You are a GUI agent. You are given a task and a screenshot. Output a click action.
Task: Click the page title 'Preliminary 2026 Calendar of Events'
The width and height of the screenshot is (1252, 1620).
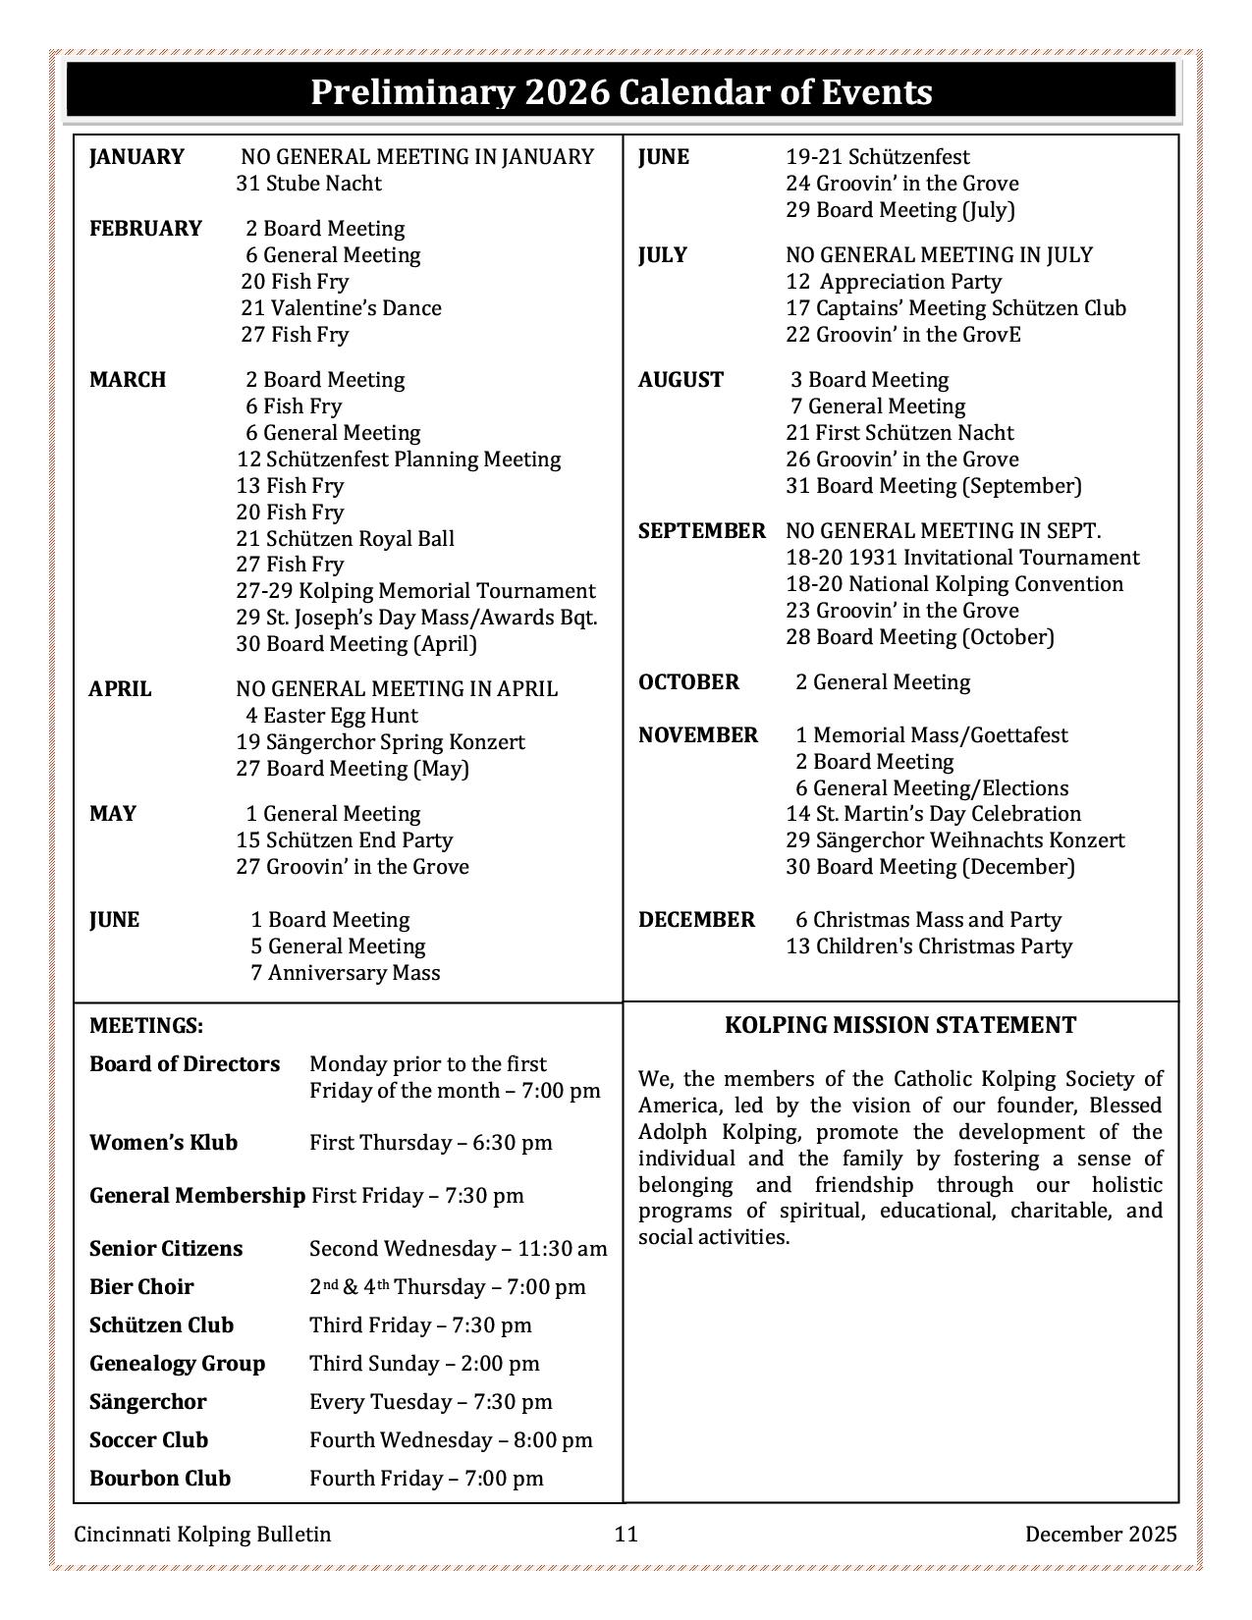621,92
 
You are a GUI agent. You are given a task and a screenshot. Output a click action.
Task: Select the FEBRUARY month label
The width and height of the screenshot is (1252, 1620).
145,229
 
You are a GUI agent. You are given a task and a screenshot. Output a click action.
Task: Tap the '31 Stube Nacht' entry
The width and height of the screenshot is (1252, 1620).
308,184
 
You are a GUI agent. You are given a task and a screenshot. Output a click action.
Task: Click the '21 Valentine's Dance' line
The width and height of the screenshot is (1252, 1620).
341,308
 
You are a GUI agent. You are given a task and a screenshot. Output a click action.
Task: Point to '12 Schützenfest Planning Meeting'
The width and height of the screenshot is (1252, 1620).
398,459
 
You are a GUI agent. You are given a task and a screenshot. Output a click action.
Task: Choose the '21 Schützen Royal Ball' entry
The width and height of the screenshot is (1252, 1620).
345,539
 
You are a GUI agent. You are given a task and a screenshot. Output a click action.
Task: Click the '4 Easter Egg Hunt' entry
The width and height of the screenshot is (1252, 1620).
331,716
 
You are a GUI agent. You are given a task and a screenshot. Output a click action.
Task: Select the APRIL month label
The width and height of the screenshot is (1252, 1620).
120,689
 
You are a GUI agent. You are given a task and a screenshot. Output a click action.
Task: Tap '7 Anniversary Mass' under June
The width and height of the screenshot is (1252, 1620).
345,973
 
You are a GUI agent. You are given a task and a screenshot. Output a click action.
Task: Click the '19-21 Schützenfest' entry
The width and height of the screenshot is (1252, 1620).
877,157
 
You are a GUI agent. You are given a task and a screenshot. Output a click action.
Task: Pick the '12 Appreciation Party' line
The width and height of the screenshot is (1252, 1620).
893,282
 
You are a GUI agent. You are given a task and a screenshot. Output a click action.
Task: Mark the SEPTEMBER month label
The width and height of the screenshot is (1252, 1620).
701,531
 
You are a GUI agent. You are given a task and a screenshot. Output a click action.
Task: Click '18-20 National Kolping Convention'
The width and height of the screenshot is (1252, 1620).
953,584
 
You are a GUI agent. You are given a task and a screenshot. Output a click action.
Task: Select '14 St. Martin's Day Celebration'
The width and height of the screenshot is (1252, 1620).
933,814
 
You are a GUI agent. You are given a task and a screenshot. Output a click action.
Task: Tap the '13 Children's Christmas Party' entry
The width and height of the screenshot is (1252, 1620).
928,946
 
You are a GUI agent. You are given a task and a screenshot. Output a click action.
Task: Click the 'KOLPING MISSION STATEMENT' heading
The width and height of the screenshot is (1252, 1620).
899,1025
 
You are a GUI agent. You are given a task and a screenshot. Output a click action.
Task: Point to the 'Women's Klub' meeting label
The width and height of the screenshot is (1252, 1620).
163,1143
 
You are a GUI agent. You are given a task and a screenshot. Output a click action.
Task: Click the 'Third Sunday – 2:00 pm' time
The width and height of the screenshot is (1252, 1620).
424,1364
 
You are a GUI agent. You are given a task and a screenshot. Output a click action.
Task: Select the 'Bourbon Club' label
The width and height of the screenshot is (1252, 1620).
160,1479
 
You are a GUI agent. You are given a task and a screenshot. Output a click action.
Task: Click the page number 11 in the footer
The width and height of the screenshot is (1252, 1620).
626,1534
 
